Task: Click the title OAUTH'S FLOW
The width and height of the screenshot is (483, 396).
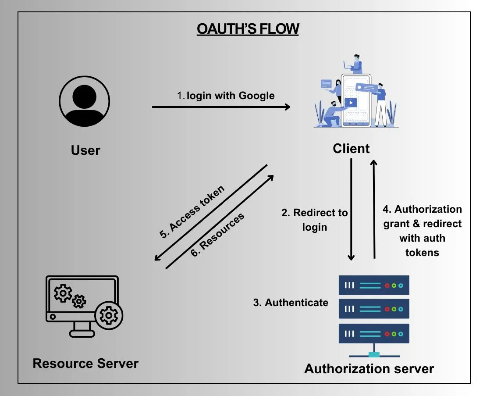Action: click(248, 29)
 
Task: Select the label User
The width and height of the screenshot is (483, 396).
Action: click(85, 150)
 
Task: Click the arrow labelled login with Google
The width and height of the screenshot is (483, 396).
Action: click(221, 107)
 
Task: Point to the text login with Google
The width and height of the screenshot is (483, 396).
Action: click(226, 96)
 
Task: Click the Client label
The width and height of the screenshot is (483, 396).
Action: click(351, 149)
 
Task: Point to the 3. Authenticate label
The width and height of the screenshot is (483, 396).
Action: click(291, 303)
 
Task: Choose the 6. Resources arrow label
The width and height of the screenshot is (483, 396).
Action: click(217, 235)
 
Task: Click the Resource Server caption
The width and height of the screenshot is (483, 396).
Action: click(85, 364)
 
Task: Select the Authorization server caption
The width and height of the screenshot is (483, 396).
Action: click(369, 368)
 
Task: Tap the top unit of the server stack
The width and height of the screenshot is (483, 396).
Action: click(373, 285)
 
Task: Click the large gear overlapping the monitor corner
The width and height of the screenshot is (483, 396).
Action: click(108, 315)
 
